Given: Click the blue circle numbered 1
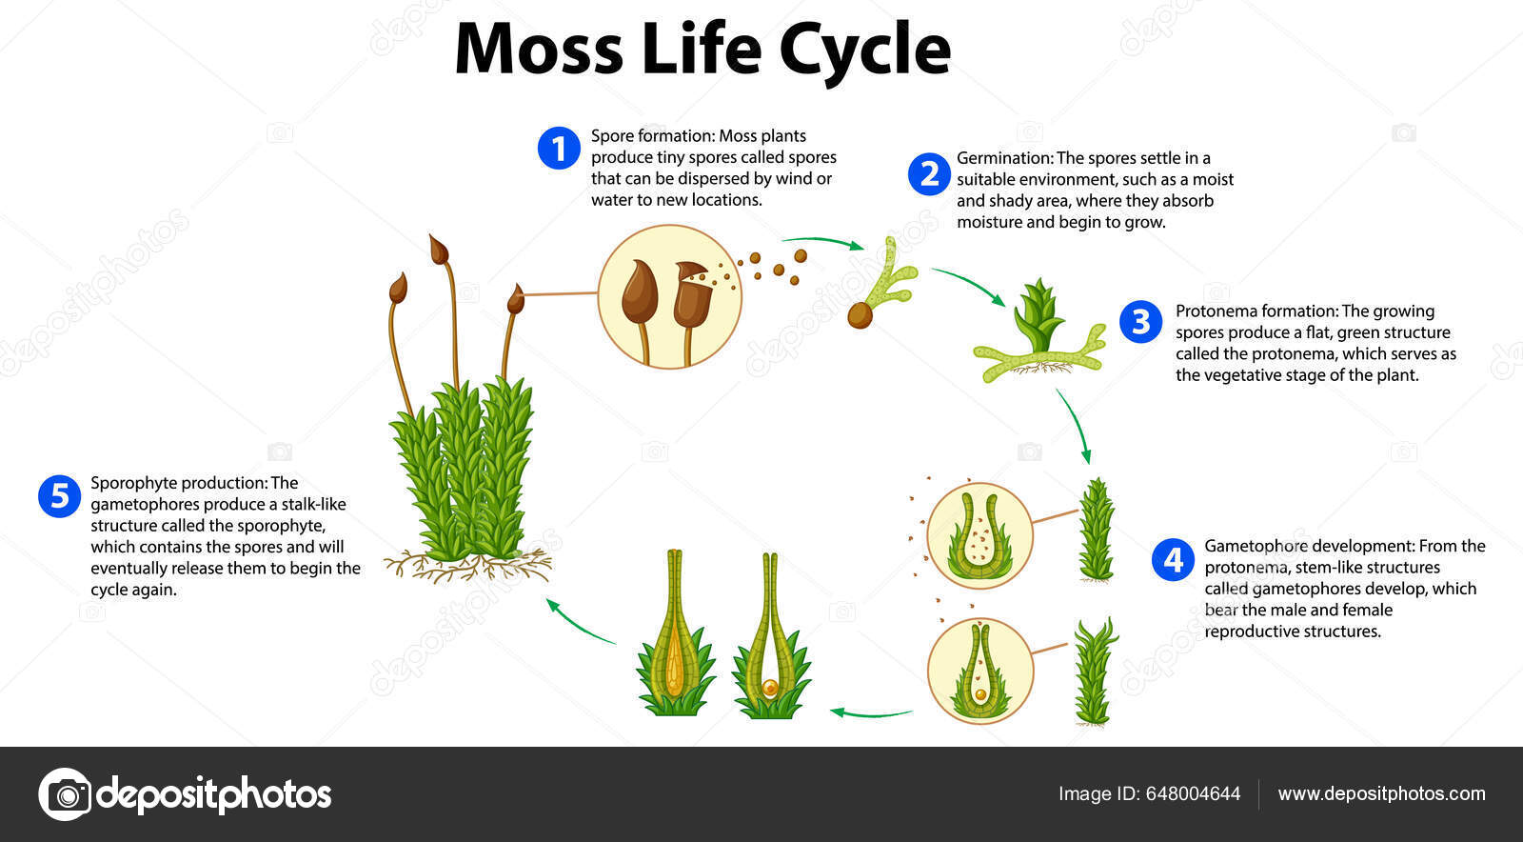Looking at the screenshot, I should click(559, 149).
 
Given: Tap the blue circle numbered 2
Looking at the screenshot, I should click(928, 174).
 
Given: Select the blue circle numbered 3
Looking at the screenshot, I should click(1140, 322).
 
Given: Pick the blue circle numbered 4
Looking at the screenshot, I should click(1173, 559).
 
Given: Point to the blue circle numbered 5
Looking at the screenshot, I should click(59, 496).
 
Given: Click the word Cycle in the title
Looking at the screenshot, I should click(864, 50).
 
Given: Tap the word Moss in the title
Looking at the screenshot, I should click(538, 50).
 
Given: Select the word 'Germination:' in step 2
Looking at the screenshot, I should click(1004, 158).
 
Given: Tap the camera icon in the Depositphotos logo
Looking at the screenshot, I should click(66, 793).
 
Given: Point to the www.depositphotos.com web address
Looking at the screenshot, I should click(1381, 793).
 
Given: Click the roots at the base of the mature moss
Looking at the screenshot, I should click(466, 568).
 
